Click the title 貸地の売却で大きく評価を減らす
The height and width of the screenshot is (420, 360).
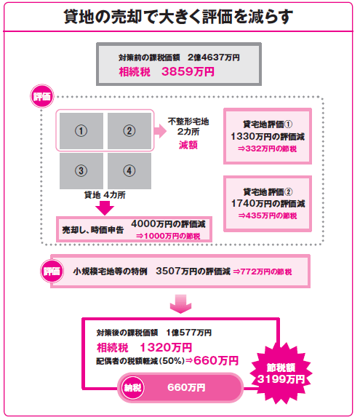178,17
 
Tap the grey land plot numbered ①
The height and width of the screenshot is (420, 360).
81,131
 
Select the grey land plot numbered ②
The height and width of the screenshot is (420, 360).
129,131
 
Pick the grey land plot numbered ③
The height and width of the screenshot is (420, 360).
81,171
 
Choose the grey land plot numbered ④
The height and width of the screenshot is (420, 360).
129,171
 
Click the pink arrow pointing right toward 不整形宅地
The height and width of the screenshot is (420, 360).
160,131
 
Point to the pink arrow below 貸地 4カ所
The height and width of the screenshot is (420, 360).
105,208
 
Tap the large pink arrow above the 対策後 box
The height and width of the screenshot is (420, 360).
180,304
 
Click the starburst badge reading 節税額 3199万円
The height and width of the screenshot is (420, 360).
281,373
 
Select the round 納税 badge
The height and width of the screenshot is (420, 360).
132,387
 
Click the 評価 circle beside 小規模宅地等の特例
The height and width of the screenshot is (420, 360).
52,271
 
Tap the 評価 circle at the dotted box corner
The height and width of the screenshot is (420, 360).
41,96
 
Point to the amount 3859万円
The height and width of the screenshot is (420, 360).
188,72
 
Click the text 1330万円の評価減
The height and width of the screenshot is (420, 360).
268,137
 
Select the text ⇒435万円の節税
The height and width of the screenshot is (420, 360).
268,215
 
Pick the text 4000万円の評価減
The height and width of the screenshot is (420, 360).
168,224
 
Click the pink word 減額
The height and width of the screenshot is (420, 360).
188,145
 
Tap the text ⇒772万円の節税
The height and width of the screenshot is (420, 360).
263,272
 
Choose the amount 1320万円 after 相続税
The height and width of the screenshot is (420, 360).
166,348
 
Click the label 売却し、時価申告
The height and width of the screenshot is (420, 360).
93,230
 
